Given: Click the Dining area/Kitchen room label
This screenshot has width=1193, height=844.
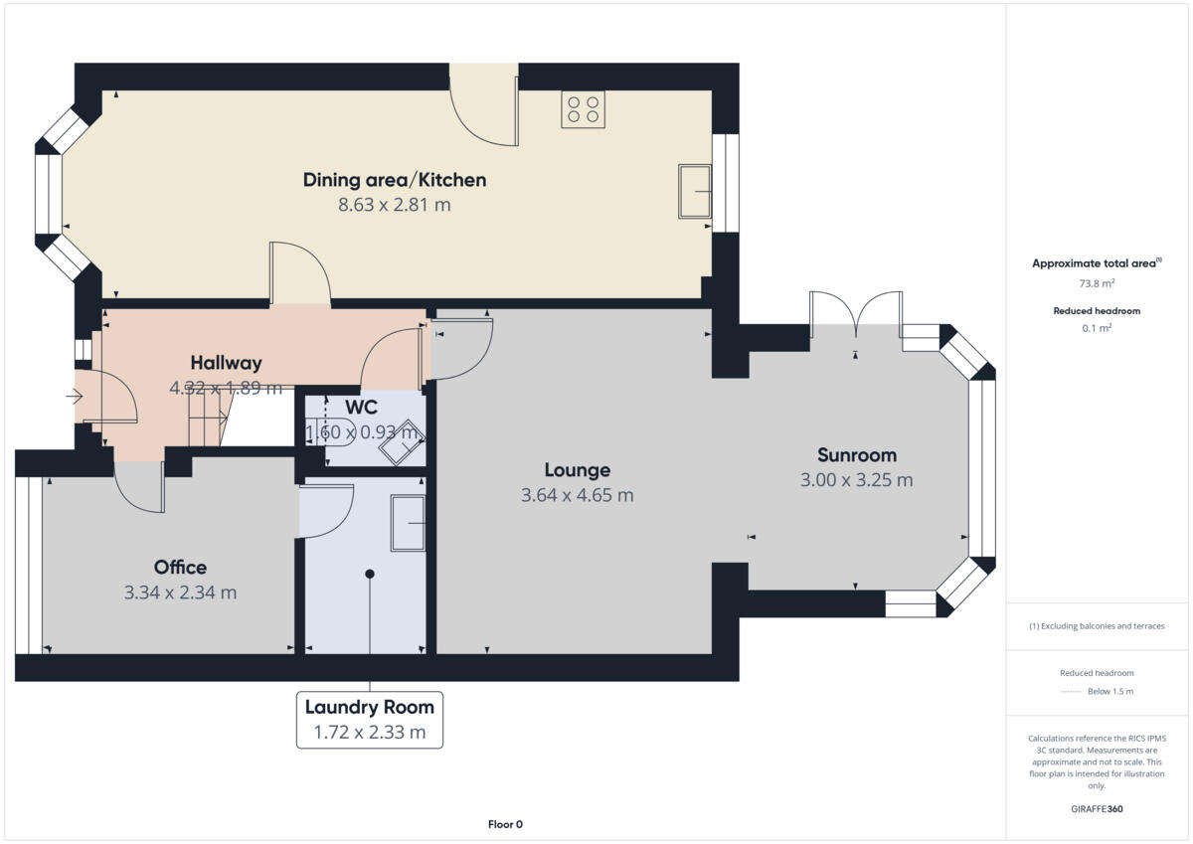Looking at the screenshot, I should point(395,180).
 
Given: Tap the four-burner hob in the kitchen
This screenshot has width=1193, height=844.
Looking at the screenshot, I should point(583,109).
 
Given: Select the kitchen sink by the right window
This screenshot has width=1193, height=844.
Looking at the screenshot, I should point(695,190).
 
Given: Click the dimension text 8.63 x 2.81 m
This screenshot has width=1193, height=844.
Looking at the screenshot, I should point(395,206).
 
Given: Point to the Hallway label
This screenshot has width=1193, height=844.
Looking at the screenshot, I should point(226,363).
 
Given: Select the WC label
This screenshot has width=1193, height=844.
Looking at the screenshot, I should point(361,408).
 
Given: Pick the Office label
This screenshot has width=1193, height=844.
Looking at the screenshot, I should point(180,568).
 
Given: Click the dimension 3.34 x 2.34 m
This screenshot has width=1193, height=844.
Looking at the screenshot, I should point(180,593).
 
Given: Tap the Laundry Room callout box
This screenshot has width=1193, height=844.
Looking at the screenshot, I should point(369,720).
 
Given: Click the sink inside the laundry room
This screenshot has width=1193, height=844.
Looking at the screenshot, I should point(408,523).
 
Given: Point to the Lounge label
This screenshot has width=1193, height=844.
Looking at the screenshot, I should point(577,470).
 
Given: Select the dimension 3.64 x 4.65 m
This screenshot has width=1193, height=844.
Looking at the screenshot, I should point(577,495).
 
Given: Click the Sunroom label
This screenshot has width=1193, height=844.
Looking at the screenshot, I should point(856,455).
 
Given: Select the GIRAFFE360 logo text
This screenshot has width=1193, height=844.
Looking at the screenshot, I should point(1097,809).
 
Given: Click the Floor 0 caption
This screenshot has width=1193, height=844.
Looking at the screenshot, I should point(504,824).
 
